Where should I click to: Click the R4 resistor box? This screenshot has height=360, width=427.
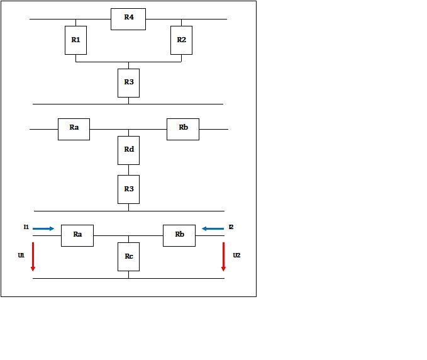[128, 19]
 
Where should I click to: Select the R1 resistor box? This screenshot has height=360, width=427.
[75, 40]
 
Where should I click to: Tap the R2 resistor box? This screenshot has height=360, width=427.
[181, 40]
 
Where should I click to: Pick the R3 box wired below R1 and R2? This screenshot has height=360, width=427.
[128, 83]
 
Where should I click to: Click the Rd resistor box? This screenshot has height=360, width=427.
[128, 150]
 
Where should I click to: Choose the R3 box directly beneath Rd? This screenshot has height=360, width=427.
[128, 189]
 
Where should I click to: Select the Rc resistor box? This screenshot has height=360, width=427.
[128, 257]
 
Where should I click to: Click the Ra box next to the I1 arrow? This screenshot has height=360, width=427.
[77, 236]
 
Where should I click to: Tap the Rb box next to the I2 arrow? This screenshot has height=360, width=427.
[179, 236]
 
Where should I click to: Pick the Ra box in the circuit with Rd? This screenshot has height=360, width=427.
[74, 130]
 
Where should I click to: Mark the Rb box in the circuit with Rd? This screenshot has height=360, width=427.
[183, 130]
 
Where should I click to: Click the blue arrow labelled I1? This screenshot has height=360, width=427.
[43, 228]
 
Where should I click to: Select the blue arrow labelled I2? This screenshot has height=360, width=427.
[213, 228]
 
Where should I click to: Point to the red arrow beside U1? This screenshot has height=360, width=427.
[33, 257]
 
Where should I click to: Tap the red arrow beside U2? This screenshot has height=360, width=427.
[224, 257]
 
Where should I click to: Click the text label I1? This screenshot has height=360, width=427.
[26, 227]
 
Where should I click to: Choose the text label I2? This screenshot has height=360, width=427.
[231, 227]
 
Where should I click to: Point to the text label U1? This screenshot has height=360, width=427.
[21, 256]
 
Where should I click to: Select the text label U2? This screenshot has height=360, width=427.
[236, 256]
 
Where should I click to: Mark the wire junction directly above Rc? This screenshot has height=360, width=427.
[128, 236]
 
